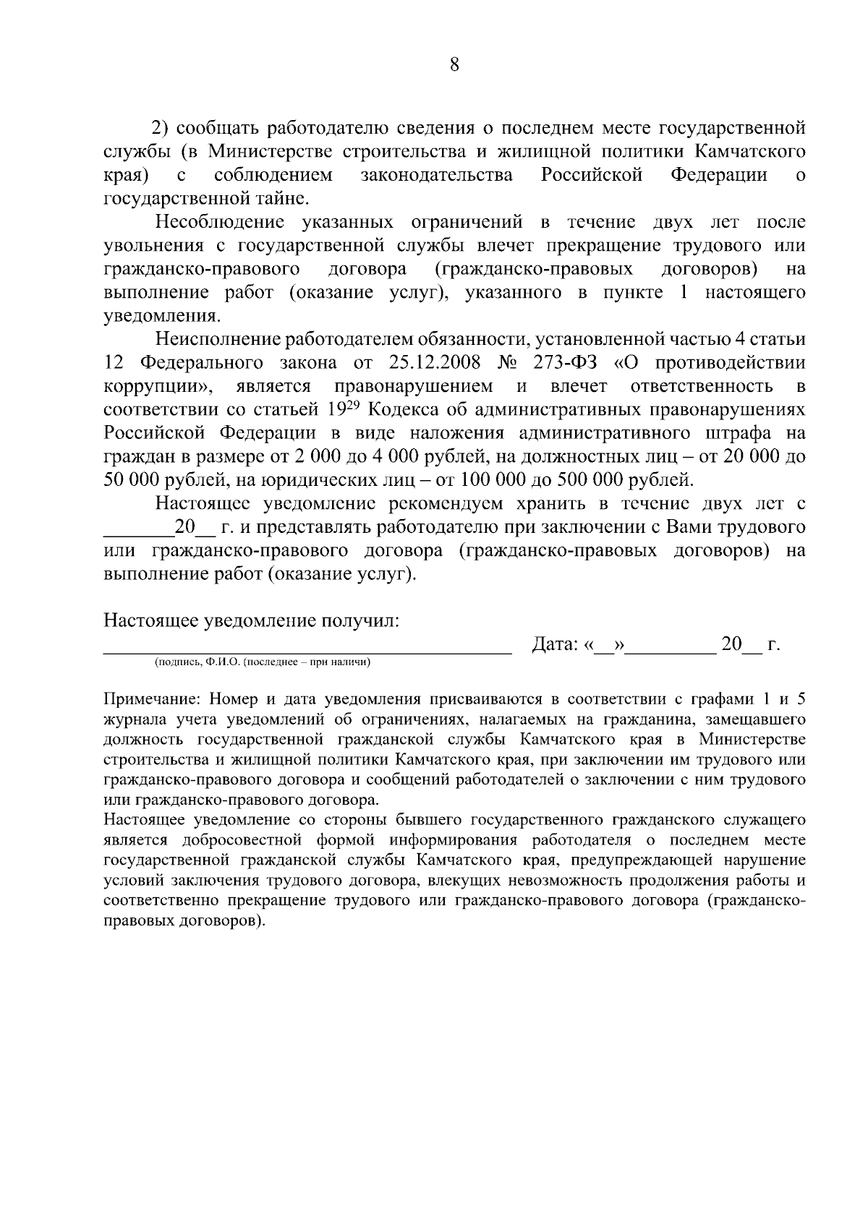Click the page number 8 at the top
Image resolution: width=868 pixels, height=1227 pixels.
(454, 65)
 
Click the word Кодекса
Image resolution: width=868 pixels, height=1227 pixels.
(400, 409)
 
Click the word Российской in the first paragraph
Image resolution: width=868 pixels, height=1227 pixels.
(592, 175)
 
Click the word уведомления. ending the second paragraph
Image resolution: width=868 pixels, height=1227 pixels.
(161, 316)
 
